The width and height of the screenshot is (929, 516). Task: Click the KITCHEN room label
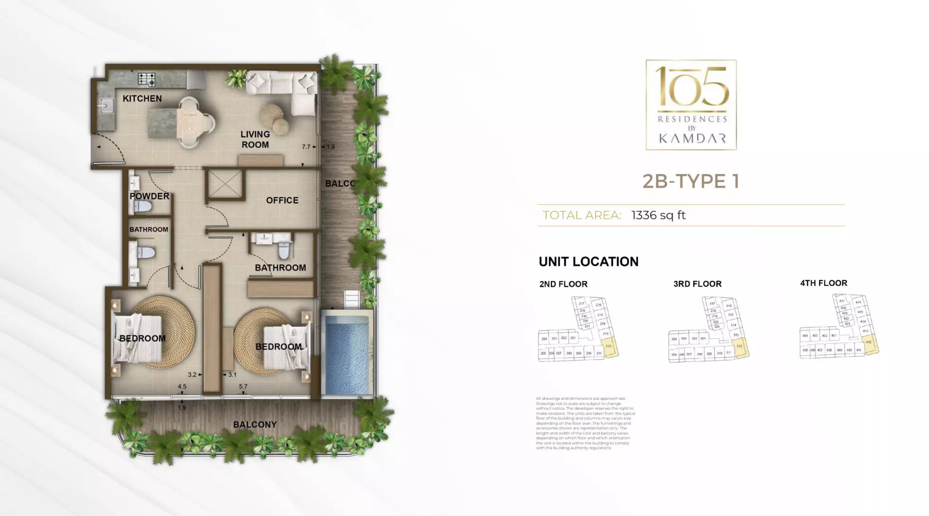(142, 99)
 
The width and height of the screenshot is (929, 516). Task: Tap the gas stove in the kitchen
(147, 79)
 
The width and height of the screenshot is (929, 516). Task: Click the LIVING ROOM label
(255, 139)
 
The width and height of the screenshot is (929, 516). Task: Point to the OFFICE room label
(282, 201)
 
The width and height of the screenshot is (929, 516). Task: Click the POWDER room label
(149, 196)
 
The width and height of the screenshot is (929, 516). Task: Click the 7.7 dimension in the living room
(306, 147)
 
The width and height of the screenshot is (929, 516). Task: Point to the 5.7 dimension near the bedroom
(243, 387)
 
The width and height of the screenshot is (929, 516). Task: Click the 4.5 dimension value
(182, 387)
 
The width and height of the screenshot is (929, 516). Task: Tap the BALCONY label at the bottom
(255, 424)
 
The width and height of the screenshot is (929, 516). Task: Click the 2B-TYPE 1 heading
(691, 181)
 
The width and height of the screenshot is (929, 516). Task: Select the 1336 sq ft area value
(658, 215)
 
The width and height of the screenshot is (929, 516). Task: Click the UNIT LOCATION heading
(588, 262)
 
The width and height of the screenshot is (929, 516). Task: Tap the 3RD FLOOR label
(697, 284)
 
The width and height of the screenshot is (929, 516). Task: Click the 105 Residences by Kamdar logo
(691, 105)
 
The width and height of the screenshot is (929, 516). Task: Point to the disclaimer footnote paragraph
(585, 423)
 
